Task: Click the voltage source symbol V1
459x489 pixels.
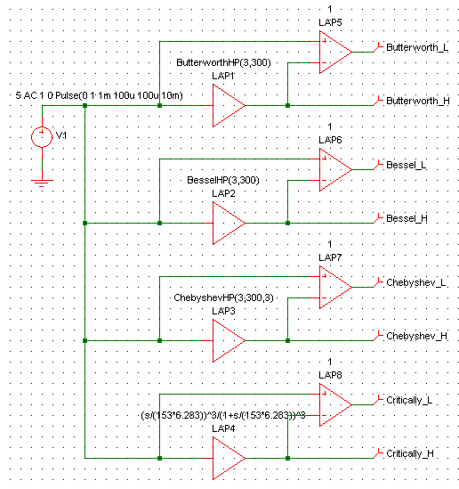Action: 42,137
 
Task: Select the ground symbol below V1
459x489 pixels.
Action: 42,183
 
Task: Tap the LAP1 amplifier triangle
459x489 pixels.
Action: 229,105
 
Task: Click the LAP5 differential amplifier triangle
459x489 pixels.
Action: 335,52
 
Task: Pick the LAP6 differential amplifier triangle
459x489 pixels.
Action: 335,169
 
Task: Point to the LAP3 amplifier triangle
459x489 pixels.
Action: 229,340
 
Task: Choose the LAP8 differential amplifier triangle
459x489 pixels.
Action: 335,404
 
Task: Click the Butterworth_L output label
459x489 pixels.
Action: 417,47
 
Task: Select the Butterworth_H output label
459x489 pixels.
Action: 418,101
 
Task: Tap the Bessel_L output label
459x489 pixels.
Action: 407,165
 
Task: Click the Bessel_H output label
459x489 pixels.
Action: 407,218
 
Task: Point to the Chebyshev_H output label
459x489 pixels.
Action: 417,336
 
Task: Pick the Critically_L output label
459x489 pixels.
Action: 409,400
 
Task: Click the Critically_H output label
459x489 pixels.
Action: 410,453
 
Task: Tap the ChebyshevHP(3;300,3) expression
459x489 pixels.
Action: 223,297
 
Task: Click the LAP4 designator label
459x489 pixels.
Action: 223,428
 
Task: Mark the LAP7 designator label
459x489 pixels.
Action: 330,257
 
